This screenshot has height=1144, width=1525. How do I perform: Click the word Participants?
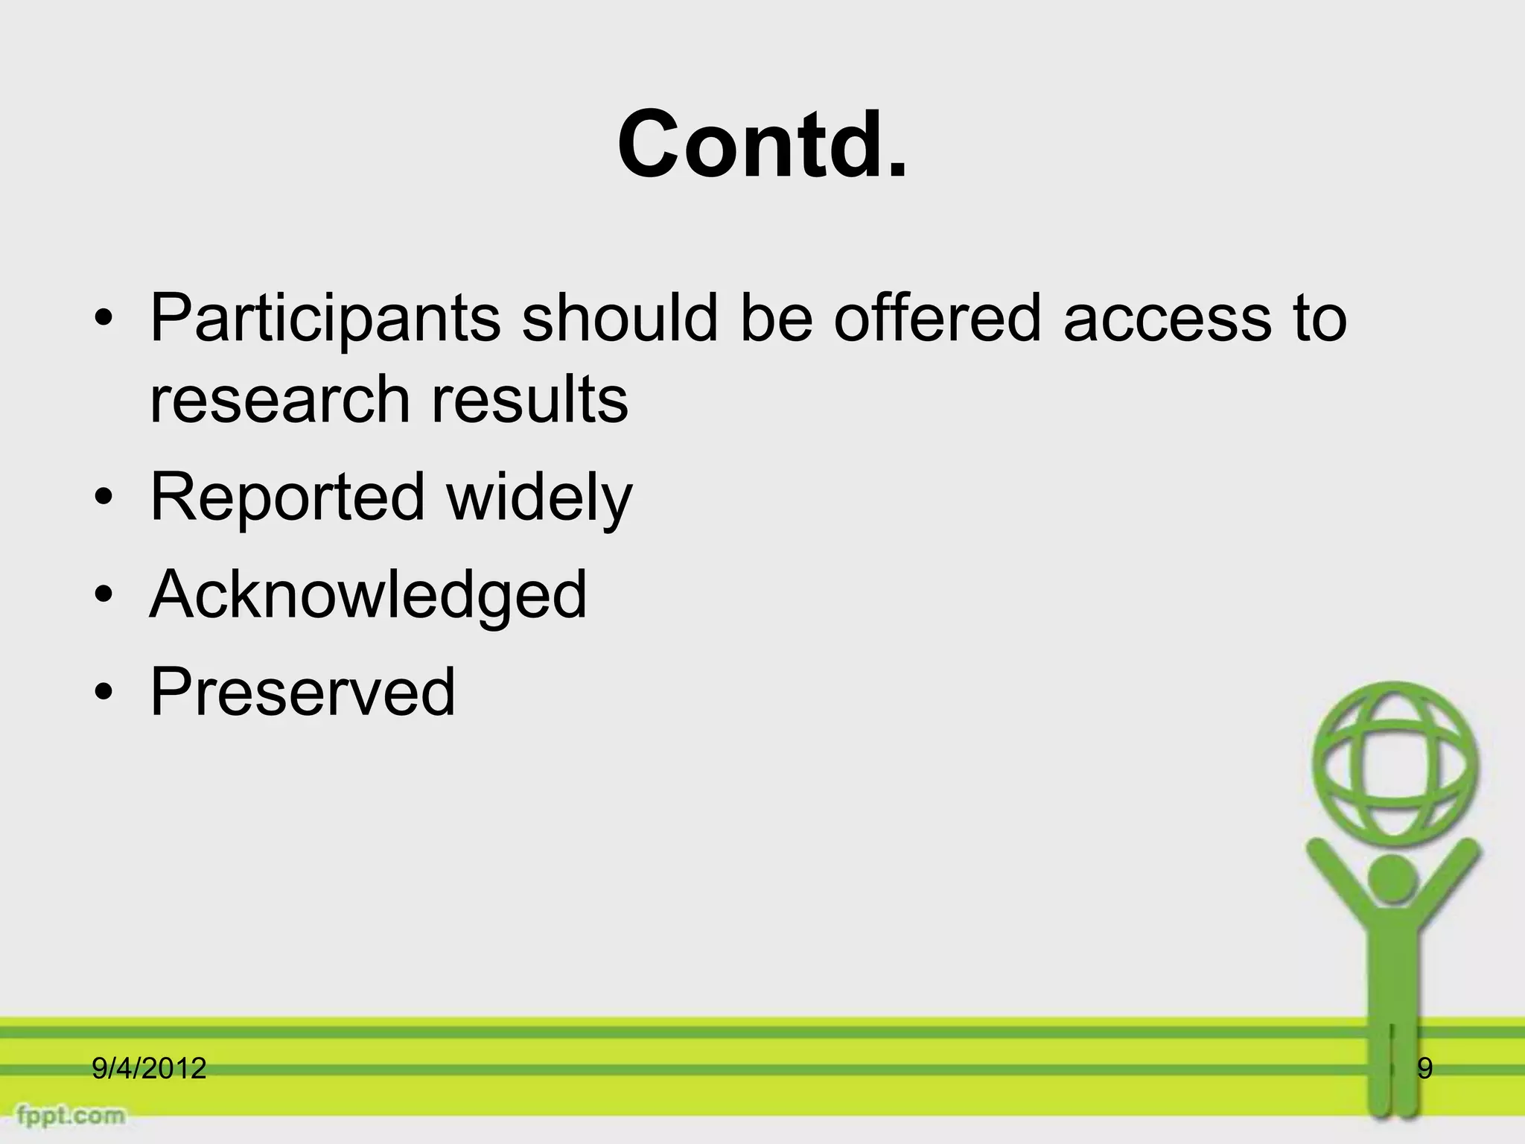click(x=325, y=319)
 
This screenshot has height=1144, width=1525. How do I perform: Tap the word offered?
click(x=936, y=317)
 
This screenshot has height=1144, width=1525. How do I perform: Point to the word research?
click(x=280, y=399)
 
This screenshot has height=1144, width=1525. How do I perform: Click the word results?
click(x=530, y=399)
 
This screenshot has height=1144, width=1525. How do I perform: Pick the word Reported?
click(x=287, y=498)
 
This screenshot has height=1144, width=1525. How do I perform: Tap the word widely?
click(x=539, y=498)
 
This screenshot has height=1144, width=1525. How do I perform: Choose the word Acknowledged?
click(x=369, y=594)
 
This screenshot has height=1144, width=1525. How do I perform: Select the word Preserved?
click(x=302, y=692)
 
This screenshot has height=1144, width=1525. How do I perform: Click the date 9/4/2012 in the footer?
click(x=149, y=1069)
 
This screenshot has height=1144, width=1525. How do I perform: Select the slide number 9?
click(x=1424, y=1069)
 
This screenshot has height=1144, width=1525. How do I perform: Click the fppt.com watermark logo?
click(x=71, y=1115)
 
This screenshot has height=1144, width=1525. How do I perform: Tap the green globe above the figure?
click(x=1395, y=765)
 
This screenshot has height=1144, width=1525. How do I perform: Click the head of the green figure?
click(x=1392, y=880)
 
